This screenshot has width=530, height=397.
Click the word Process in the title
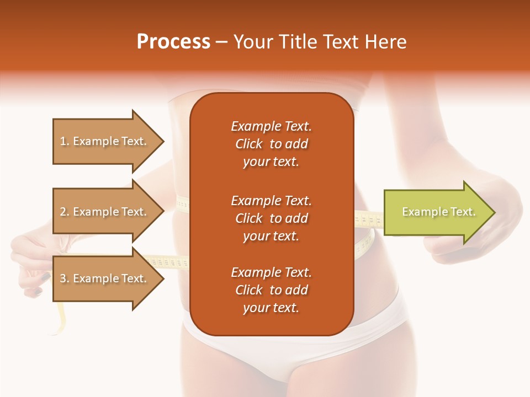click(173, 42)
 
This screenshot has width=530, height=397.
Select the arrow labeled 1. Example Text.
click(105, 141)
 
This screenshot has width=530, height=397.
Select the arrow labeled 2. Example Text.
click(105, 212)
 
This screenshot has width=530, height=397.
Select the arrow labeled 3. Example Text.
click(105, 278)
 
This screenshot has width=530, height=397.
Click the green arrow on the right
click(436, 212)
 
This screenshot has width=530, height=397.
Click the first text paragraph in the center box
click(271, 144)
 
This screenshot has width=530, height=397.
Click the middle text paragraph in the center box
click(271, 218)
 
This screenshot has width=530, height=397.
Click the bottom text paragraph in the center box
click(271, 290)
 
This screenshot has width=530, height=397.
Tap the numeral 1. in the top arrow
click(64, 141)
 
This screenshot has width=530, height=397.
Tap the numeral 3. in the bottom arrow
click(64, 278)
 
